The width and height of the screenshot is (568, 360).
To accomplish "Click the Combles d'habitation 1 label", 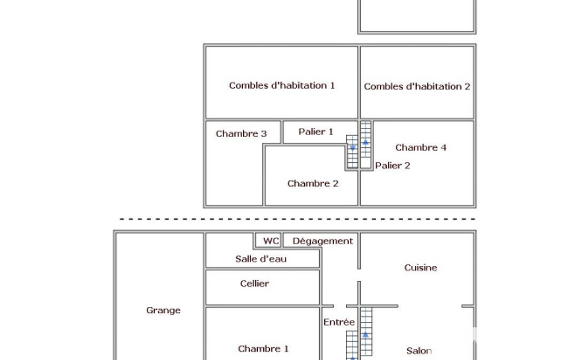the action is [x=282, y=85].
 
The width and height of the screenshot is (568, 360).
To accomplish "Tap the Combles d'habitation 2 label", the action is [x=417, y=86].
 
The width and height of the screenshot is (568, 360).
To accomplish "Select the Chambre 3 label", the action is [x=241, y=133].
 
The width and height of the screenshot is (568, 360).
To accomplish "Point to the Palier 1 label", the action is [x=316, y=131].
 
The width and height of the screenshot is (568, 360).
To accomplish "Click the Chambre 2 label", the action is [x=313, y=184].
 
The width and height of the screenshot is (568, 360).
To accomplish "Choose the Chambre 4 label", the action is [x=421, y=147].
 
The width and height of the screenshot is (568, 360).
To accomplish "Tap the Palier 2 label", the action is [x=393, y=166].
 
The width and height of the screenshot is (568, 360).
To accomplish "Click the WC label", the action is [x=271, y=241].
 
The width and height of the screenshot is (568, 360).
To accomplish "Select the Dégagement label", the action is [x=323, y=241].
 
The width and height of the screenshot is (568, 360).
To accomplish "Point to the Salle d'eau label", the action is [x=261, y=259].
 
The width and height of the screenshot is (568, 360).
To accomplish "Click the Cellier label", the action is [x=255, y=284].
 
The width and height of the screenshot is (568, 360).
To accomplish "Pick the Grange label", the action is [x=163, y=310].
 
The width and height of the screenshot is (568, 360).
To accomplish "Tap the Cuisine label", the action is [x=421, y=268].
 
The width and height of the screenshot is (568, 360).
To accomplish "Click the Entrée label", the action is [x=339, y=322].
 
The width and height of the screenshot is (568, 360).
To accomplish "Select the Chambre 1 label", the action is [x=263, y=349].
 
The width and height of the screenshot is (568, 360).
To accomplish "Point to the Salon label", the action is [x=419, y=351].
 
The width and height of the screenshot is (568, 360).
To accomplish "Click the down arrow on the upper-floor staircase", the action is [x=352, y=148].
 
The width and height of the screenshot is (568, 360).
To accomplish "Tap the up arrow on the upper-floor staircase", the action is [x=366, y=142].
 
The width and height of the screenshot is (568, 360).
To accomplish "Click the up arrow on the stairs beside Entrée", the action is [x=366, y=335].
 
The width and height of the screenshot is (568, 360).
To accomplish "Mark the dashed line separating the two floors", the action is [x=298, y=219].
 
